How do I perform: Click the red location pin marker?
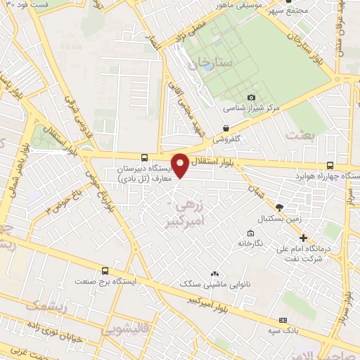pos(181,165)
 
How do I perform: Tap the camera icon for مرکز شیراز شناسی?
pos(251,98)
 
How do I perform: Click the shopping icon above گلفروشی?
pos(226,128)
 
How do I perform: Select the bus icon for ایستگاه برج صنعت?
pos(105,271)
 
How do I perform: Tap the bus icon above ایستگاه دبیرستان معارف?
pos(144,157)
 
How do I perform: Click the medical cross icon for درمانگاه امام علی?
pos(303,238)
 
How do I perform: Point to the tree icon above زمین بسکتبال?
pos(279,207)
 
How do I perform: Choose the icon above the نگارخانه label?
pos(250,233)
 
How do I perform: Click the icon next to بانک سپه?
pos(282,319)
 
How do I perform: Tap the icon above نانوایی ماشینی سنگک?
pos(214,273)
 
